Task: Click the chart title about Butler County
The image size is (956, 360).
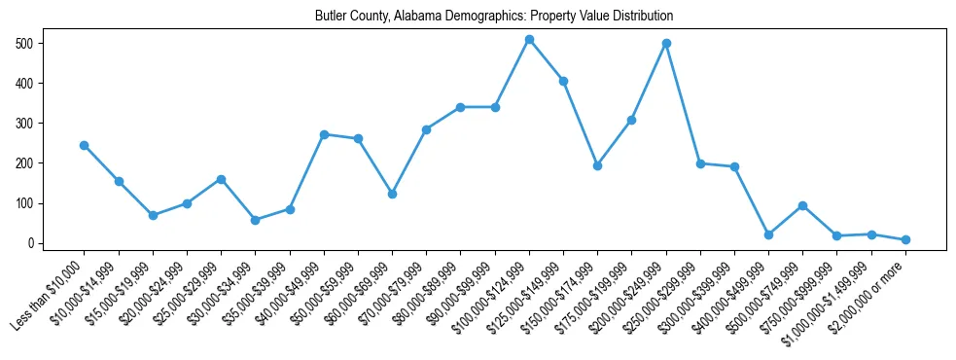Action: click(x=494, y=17)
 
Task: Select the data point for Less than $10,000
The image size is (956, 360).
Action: click(x=85, y=145)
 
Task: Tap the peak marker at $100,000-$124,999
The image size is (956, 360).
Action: click(x=529, y=40)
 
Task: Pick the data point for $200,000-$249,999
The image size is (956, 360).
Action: click(x=666, y=44)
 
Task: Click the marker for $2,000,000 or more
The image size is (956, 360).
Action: click(x=905, y=239)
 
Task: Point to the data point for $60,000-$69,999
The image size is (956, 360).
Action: click(x=392, y=194)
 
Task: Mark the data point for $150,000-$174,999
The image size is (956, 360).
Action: click(x=597, y=165)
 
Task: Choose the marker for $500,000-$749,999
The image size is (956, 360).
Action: click(x=802, y=205)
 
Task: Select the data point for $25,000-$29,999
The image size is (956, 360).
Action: click(x=221, y=179)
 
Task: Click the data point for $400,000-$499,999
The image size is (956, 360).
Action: click(x=768, y=234)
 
